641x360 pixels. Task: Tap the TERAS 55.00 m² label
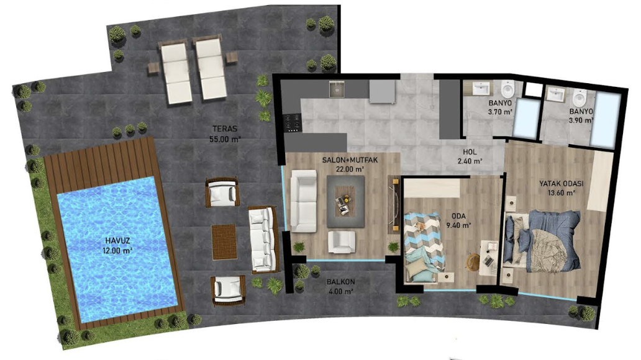tap(225, 133)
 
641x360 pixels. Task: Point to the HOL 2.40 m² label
tap(470, 156)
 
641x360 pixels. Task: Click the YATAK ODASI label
tap(561, 188)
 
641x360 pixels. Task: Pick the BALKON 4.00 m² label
tap(340, 286)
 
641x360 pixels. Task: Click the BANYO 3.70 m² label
tap(500, 107)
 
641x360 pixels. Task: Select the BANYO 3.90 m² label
tap(581, 115)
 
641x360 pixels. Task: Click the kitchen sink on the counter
tap(337, 89)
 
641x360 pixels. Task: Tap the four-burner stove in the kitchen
tap(293, 123)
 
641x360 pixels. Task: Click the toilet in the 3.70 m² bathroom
tap(507, 88)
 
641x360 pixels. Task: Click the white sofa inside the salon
tap(303, 201)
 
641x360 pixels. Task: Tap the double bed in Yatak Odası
tap(543, 241)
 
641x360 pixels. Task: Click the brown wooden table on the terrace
tap(224, 242)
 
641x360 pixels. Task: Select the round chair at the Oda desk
tap(474, 263)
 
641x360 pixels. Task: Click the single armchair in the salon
tap(342, 242)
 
